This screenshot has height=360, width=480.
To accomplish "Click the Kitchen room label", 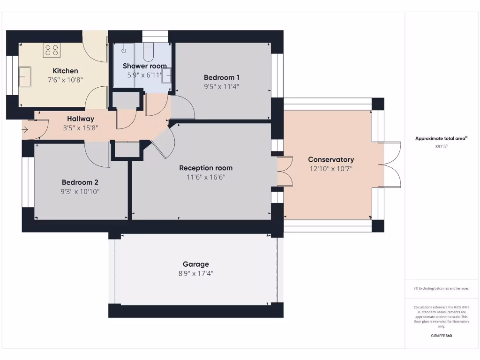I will point(65,71).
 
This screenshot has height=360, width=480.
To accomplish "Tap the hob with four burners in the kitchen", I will point(52,50).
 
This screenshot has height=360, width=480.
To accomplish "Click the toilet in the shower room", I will point(149,52).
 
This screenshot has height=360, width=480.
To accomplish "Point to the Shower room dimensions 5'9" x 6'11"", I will point(144,75).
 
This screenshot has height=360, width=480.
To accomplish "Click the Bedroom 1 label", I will point(222,77).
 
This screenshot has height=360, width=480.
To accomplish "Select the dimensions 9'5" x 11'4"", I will point(222,86).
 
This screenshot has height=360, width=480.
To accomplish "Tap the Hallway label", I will point(81,119).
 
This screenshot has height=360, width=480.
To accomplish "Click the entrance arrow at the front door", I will point(25,130).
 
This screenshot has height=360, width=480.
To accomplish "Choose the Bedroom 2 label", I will point(80,182).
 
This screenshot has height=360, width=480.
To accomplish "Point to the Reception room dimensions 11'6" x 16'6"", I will point(206,177).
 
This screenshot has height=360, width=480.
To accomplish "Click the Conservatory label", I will point(331,159).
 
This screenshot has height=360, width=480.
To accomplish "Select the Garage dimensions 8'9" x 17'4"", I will point(196,273).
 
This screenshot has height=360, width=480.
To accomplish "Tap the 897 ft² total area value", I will point(441,147).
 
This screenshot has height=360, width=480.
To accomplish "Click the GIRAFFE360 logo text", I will point(441,336).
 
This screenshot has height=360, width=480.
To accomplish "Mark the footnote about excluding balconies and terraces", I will point(441,288).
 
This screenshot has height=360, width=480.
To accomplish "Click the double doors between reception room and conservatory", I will point(284,172).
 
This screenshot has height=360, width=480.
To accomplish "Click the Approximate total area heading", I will point(441,138).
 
